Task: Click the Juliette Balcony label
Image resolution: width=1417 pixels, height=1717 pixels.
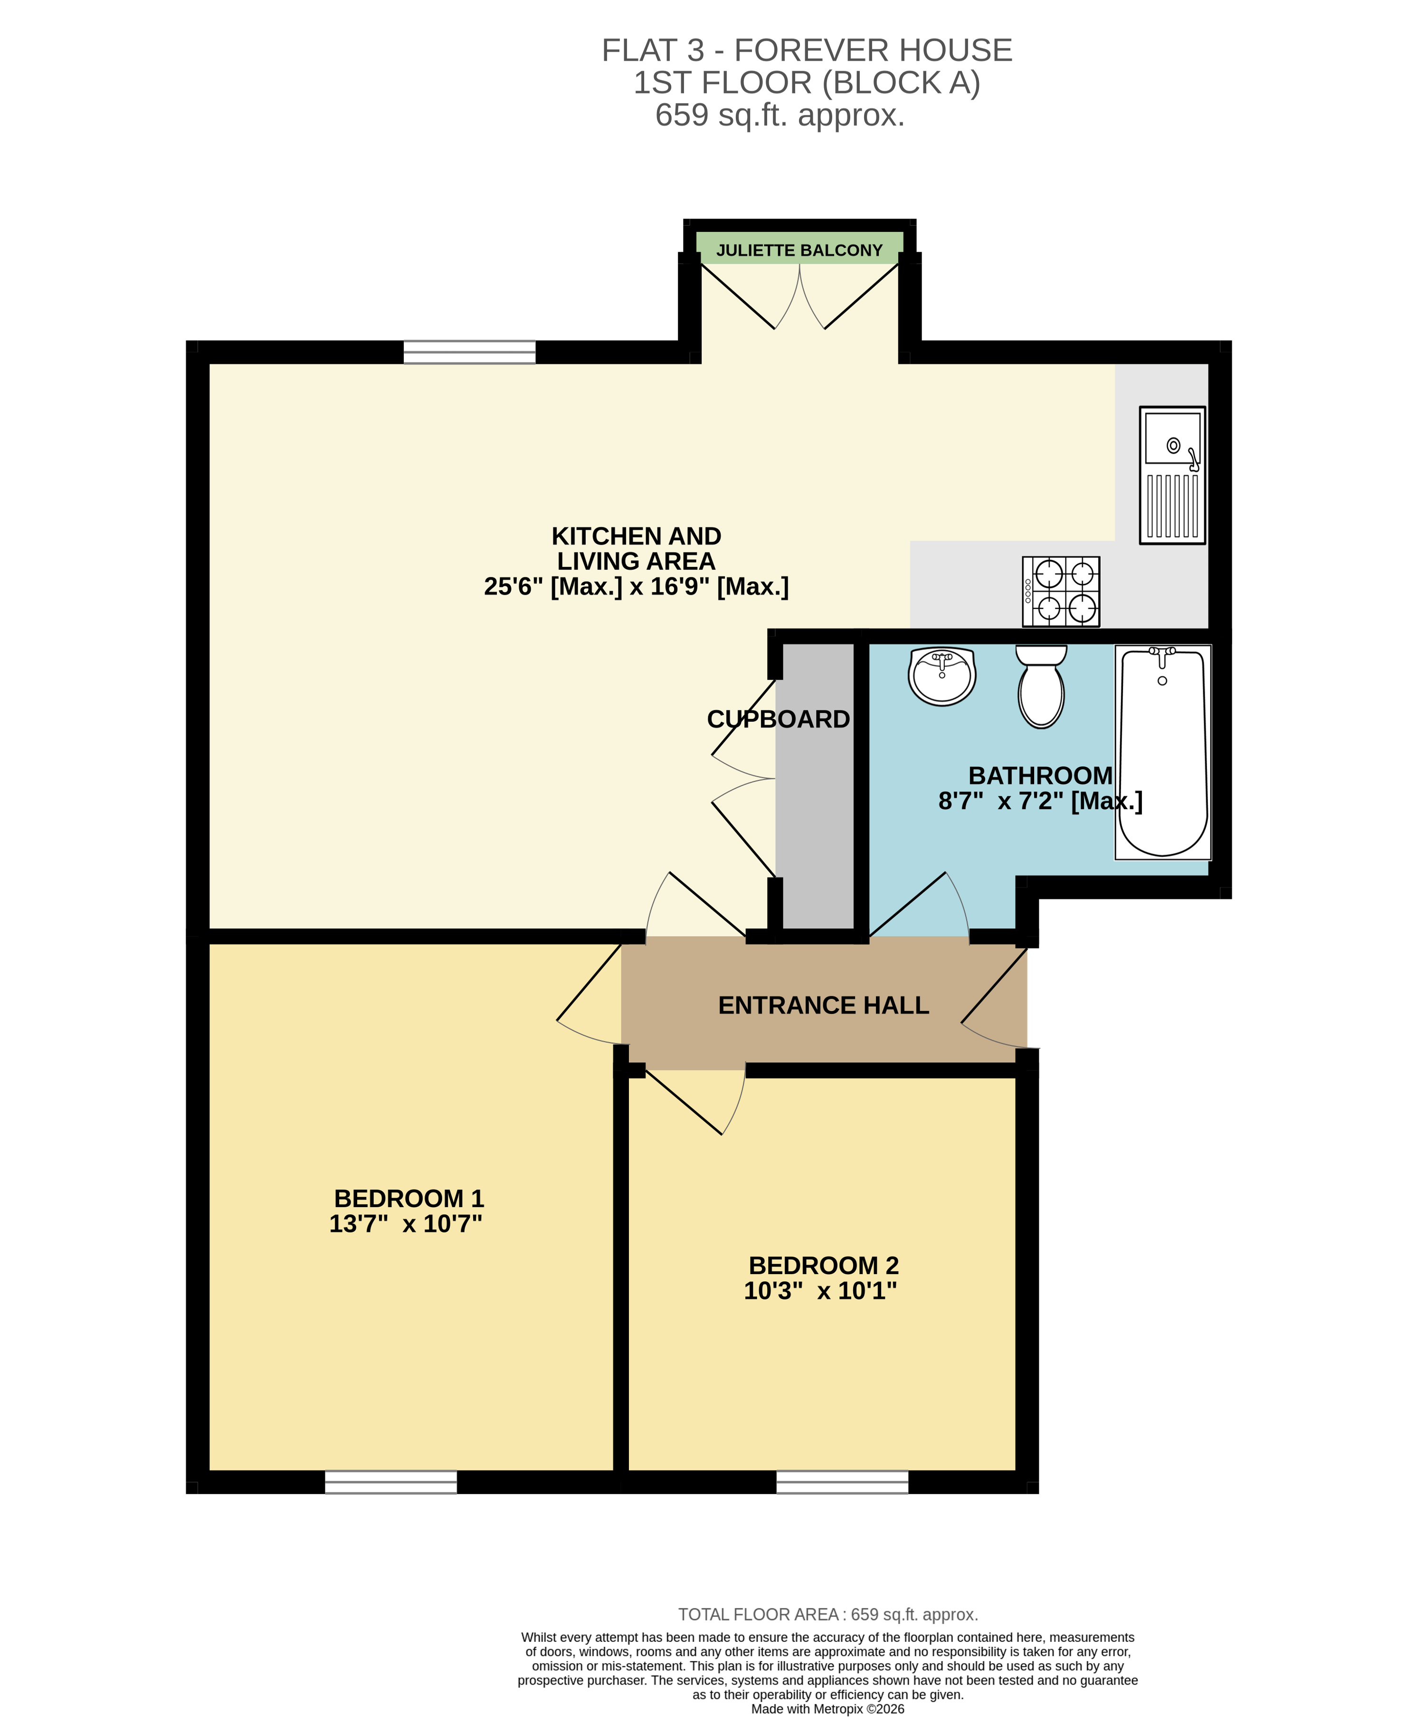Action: (x=799, y=251)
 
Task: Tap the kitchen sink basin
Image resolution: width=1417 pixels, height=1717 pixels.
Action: (x=1172, y=439)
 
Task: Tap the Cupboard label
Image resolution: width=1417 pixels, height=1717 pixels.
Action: (x=778, y=719)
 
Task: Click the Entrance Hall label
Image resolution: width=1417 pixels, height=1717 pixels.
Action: (x=823, y=1005)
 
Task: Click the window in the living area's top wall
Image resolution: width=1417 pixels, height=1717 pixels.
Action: (x=469, y=352)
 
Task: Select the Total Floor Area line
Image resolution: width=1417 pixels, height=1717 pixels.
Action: (x=827, y=1614)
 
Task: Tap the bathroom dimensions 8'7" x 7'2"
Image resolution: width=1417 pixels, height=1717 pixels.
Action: (x=1040, y=801)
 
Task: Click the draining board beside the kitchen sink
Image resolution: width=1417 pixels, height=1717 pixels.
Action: (x=1172, y=506)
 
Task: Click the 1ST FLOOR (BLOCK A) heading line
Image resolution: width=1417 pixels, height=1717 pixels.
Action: (x=807, y=83)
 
